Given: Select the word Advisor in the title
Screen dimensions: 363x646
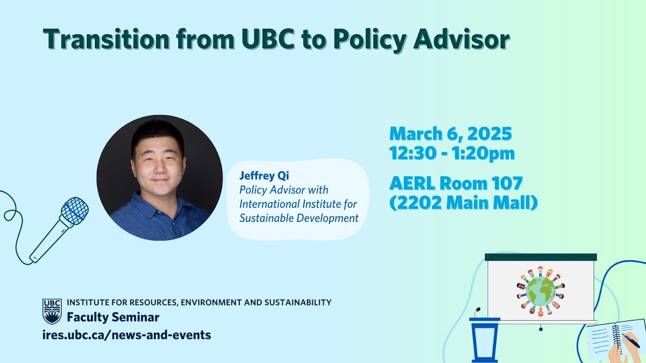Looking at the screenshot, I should (461, 39).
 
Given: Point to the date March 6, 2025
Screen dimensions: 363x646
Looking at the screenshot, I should (450, 134).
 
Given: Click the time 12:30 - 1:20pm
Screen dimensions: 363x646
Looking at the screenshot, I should (452, 153).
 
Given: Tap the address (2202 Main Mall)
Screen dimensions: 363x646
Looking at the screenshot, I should (463, 202).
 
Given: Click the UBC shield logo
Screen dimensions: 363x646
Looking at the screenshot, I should (52, 311).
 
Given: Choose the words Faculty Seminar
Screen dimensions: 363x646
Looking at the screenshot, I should (113, 318).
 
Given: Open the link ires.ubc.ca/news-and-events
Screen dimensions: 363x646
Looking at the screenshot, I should (127, 334).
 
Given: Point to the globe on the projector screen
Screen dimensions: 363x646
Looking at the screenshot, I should (541, 291).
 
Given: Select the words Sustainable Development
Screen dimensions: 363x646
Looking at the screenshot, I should (299, 218).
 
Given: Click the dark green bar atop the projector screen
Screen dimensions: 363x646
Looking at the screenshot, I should (541, 257).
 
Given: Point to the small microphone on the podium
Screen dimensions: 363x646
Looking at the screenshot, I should (477, 312).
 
